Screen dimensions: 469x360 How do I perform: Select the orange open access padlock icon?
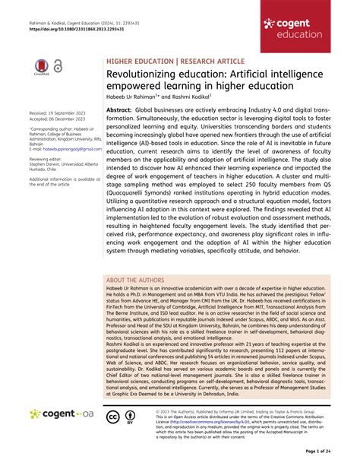point(58,68)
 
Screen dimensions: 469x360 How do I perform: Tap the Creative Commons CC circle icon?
point(112,416)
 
